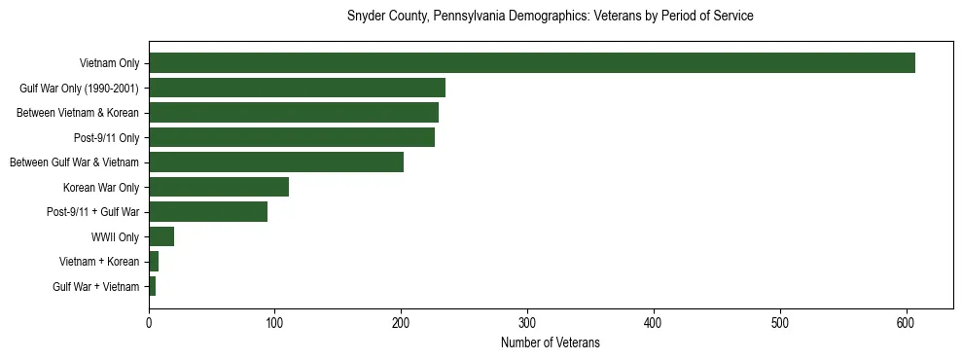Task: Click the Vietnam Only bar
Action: tap(531, 63)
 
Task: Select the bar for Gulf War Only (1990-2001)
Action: tap(297, 88)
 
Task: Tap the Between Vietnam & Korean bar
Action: tap(293, 113)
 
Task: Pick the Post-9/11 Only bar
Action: tap(291, 137)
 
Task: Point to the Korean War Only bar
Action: tap(218, 187)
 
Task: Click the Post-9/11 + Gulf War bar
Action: tap(207, 212)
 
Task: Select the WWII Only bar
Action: tap(161, 236)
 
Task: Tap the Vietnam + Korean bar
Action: tap(154, 262)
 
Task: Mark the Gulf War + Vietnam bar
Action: tap(153, 286)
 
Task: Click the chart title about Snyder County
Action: tap(551, 17)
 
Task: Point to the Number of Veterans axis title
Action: tap(551, 343)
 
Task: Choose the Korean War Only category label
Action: tap(101, 187)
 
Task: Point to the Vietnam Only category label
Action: tap(109, 63)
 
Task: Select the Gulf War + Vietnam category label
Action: tap(96, 286)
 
